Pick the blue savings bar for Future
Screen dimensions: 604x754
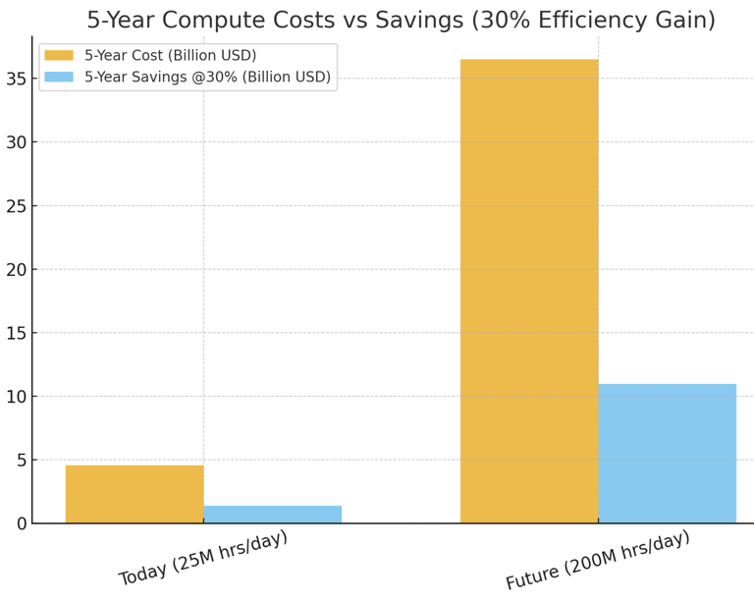[x=667, y=453]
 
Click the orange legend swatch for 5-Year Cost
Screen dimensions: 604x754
[x=59, y=55]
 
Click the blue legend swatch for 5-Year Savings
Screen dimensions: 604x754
[x=59, y=77]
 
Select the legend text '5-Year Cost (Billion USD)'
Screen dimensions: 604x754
[x=170, y=55]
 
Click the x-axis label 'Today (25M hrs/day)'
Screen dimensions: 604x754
[x=203, y=557]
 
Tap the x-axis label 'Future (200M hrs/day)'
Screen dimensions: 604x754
[x=597, y=560]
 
